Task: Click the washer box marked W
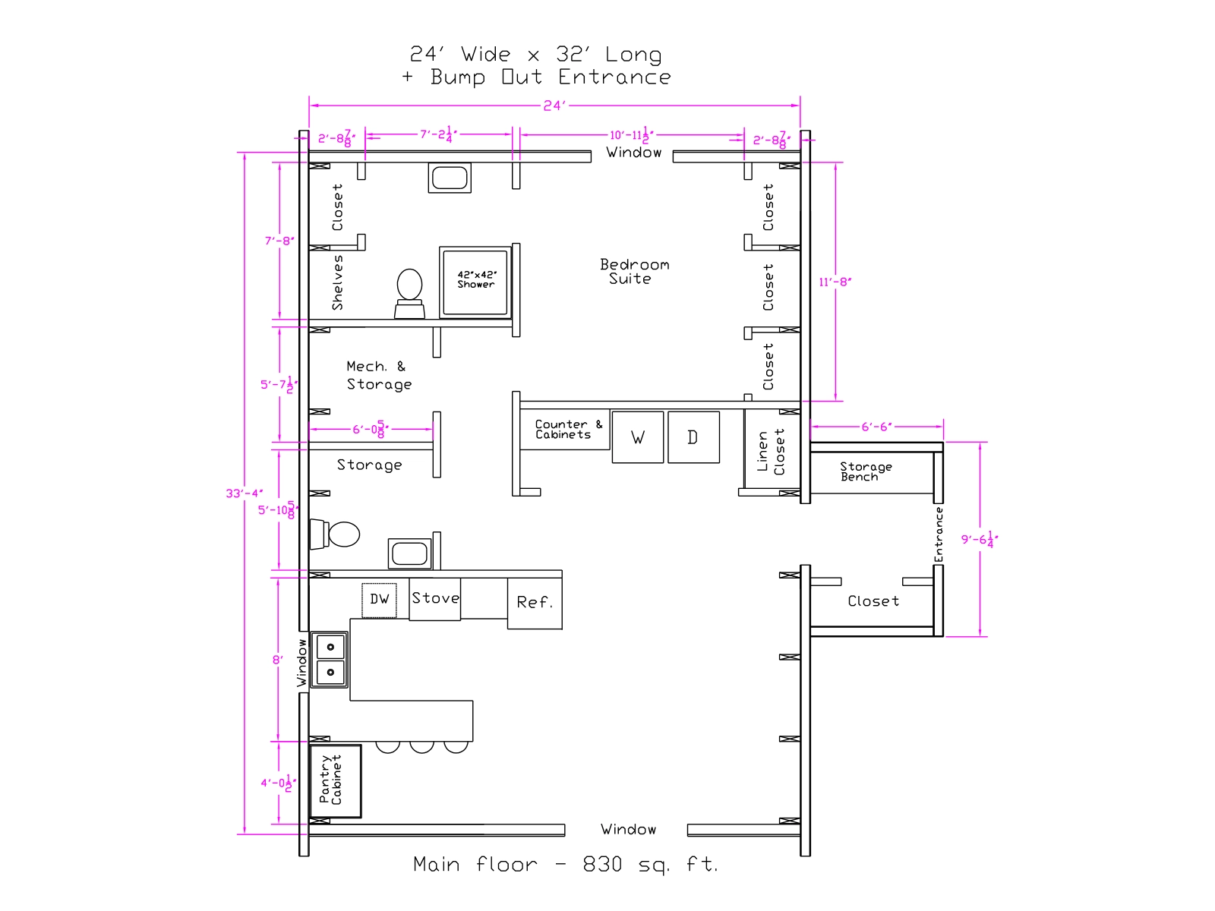637,437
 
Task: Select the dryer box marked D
693,437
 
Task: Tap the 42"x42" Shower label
476,279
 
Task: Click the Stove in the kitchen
434,599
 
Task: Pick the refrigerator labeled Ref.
535,604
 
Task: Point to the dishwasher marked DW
379,600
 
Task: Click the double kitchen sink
330,659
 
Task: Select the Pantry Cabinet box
336,781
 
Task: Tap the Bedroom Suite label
634,272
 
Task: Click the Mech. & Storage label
379,376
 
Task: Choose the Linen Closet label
771,452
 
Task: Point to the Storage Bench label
866,471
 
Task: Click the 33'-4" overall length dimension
244,493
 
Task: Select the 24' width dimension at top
554,105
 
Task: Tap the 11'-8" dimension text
835,282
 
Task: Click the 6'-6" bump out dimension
876,427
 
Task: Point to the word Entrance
939,534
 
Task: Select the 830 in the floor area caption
602,865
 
